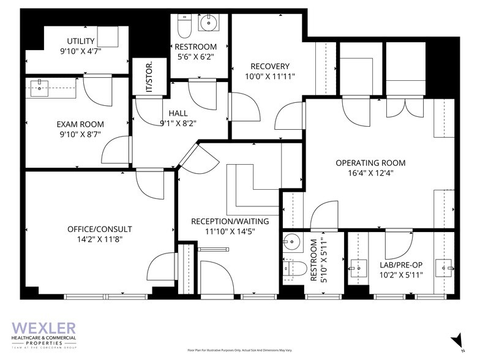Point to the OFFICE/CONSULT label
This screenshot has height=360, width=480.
coord(99,229)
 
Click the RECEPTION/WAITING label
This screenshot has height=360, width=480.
coord(230,221)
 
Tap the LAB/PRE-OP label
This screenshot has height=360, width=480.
coord(401,264)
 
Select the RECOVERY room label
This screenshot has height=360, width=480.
coord(269,66)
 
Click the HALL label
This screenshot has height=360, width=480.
coord(178,113)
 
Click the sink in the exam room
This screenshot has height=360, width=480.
coord(42,87)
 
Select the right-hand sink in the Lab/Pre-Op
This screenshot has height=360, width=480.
coord(446,268)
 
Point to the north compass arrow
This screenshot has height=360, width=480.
coord(456,339)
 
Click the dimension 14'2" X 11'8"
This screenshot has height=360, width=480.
coord(99,239)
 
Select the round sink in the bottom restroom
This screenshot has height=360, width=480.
coord(293,241)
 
